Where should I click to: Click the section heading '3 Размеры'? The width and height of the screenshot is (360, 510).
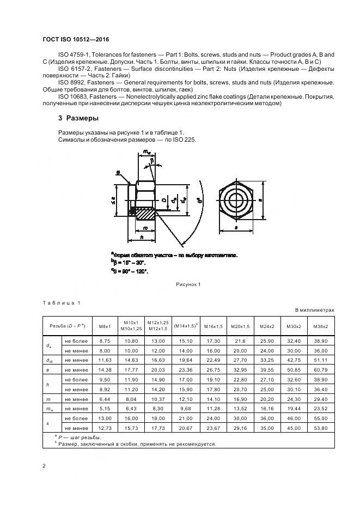click(x=78, y=118)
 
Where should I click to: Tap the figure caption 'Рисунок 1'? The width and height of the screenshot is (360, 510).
click(x=188, y=284)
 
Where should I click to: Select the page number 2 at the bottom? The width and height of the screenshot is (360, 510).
click(x=44, y=466)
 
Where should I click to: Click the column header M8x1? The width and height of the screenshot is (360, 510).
click(x=105, y=326)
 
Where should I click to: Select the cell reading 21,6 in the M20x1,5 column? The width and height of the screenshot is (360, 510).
click(x=240, y=340)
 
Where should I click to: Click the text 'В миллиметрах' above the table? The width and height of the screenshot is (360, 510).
click(x=314, y=310)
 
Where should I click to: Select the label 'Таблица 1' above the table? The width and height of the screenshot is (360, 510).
click(x=61, y=302)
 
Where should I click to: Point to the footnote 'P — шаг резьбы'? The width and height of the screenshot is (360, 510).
click(x=79, y=436)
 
